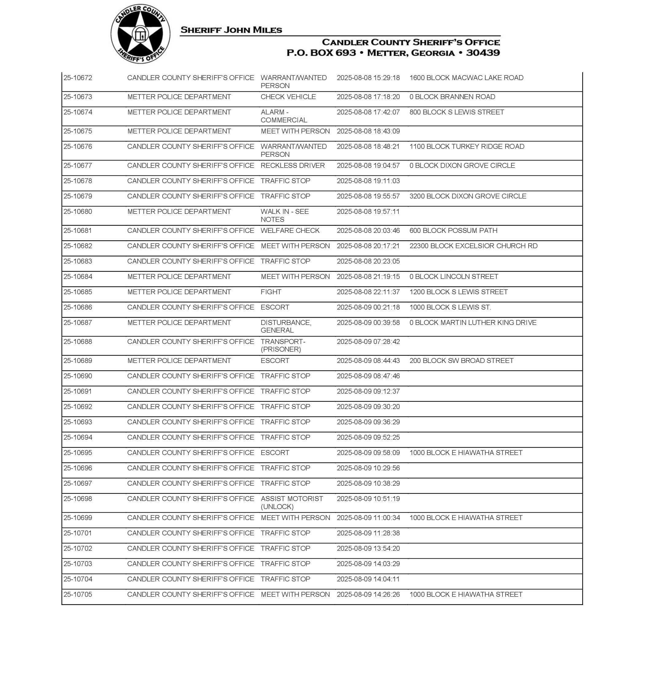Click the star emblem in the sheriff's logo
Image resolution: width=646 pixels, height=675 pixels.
click(x=140, y=34)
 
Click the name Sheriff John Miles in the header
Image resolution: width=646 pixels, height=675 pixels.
click(x=231, y=30)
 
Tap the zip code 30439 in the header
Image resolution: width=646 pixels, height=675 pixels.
click(x=483, y=53)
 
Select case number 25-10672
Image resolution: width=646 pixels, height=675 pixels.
click(x=78, y=78)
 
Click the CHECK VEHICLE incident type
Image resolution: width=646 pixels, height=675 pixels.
click(x=288, y=97)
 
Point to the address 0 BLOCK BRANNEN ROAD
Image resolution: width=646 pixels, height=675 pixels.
click(x=452, y=97)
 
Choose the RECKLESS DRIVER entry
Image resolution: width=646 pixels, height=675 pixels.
click(x=292, y=166)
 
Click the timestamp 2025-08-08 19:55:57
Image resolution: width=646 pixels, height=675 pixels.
click(x=368, y=196)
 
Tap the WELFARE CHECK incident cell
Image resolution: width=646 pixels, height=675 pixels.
click(x=290, y=231)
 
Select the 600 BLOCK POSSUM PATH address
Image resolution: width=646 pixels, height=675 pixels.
click(x=453, y=231)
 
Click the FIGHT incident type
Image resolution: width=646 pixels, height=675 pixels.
click(x=271, y=292)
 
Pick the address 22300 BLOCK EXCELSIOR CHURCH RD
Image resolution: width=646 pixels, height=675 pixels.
click(x=473, y=246)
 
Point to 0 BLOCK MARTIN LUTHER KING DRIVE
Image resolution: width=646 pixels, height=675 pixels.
click(x=473, y=322)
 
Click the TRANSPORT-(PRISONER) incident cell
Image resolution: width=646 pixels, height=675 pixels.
click(x=283, y=345)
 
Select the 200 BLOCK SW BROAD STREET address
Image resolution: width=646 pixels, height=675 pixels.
click(x=462, y=361)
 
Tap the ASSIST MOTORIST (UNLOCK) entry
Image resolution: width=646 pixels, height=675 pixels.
click(x=292, y=503)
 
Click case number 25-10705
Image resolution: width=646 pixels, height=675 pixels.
click(x=78, y=594)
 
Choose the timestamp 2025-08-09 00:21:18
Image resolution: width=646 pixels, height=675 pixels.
click(x=368, y=307)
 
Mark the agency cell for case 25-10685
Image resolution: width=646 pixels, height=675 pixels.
click(x=179, y=292)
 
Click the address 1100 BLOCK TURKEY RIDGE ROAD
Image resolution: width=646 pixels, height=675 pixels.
click(x=466, y=147)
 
